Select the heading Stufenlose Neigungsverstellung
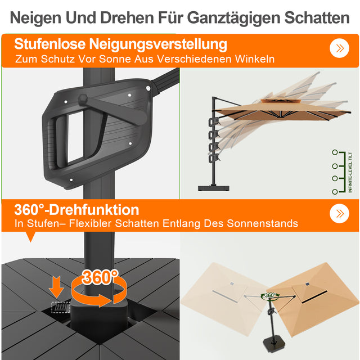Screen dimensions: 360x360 (x=121, y=43)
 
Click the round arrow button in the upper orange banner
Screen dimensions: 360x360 (x=339, y=48)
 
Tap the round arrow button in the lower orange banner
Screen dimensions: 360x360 (x=339, y=213)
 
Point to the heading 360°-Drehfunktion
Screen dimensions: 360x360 (x=77, y=210)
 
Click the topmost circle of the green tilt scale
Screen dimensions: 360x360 (x=335, y=152)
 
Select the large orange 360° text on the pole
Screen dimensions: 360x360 (x=100, y=277)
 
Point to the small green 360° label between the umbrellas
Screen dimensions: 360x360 (x=270, y=295)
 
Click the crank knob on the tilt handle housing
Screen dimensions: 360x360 (x=83, y=100)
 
